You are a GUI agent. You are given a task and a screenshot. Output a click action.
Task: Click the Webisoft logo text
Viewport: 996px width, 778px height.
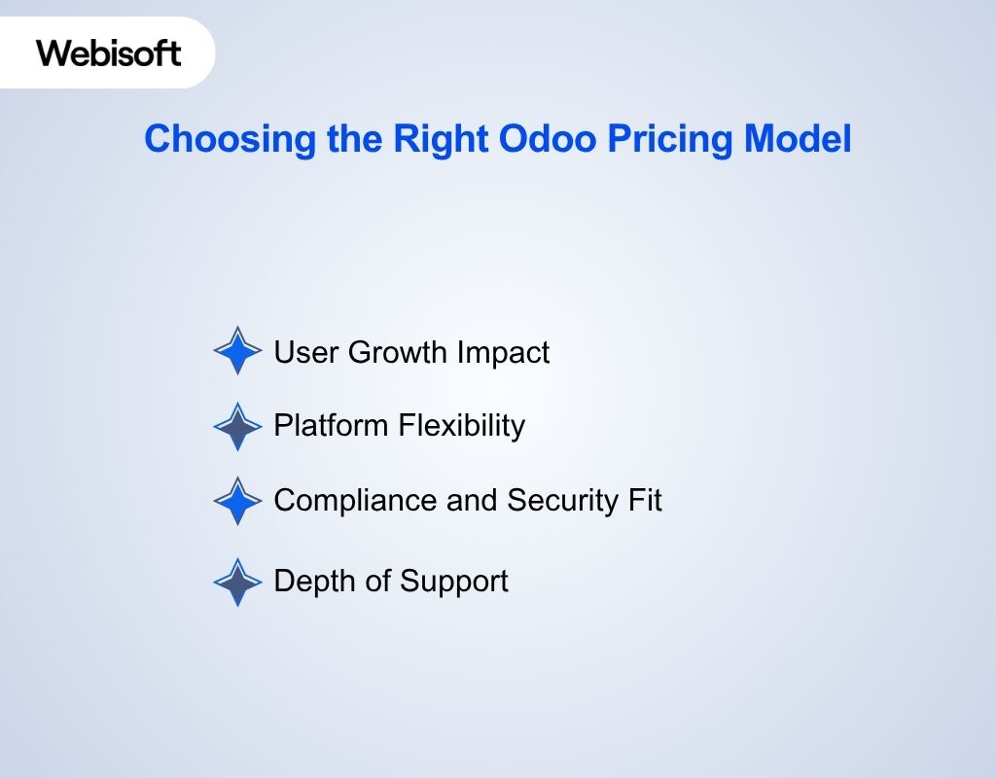pyautogui.click(x=109, y=52)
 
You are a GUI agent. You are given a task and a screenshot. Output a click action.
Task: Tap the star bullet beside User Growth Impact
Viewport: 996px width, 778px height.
pyautogui.click(x=237, y=351)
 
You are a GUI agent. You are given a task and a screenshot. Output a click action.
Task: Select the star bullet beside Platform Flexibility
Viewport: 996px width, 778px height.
pyautogui.click(x=237, y=426)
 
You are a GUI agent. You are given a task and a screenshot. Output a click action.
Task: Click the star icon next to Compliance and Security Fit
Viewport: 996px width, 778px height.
pyautogui.click(x=237, y=501)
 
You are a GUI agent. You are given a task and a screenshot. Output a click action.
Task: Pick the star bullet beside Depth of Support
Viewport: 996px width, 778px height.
pyautogui.click(x=237, y=582)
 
